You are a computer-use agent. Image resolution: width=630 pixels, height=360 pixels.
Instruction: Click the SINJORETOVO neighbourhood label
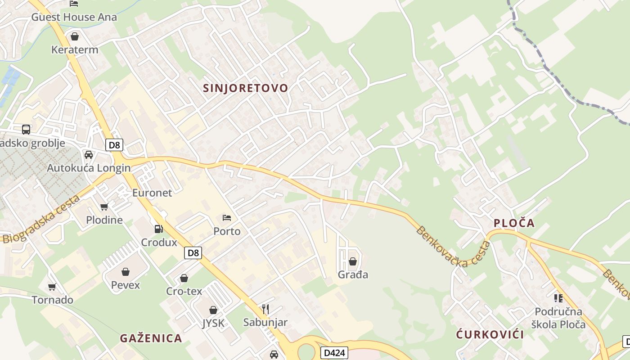tap(245, 88)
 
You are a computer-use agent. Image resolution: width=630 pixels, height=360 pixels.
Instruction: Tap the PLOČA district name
tap(514, 223)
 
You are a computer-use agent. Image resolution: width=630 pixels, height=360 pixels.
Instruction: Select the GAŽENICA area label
tap(151, 338)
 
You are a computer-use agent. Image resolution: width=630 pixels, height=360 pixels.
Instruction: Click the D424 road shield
tap(334, 352)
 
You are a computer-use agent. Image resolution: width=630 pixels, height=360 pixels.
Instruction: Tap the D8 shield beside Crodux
tap(193, 253)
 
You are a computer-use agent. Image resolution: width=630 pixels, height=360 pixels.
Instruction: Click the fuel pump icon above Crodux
tap(158, 229)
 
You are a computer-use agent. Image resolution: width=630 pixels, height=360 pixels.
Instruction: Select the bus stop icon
tap(26, 130)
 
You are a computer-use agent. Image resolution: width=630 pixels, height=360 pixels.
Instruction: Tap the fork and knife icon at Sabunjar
tap(265, 309)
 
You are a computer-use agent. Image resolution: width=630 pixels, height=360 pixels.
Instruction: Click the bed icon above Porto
tap(227, 218)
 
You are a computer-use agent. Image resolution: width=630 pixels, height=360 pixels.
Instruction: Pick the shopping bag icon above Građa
tap(353, 261)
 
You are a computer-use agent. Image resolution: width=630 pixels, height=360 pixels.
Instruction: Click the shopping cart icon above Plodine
tap(104, 207)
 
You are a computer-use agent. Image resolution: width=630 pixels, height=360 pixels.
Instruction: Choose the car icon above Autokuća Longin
tap(89, 155)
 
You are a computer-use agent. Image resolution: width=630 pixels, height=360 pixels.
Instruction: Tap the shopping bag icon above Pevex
tap(126, 272)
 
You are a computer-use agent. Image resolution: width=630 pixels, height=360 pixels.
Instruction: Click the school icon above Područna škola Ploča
tap(558, 298)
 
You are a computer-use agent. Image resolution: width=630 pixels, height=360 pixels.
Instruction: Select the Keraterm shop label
tap(75, 49)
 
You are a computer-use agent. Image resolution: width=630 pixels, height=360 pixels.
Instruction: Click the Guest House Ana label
tap(74, 17)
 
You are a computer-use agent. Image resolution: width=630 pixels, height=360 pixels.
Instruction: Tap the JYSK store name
tap(213, 323)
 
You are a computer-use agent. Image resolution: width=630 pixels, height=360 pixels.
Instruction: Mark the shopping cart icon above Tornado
tap(52, 287)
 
